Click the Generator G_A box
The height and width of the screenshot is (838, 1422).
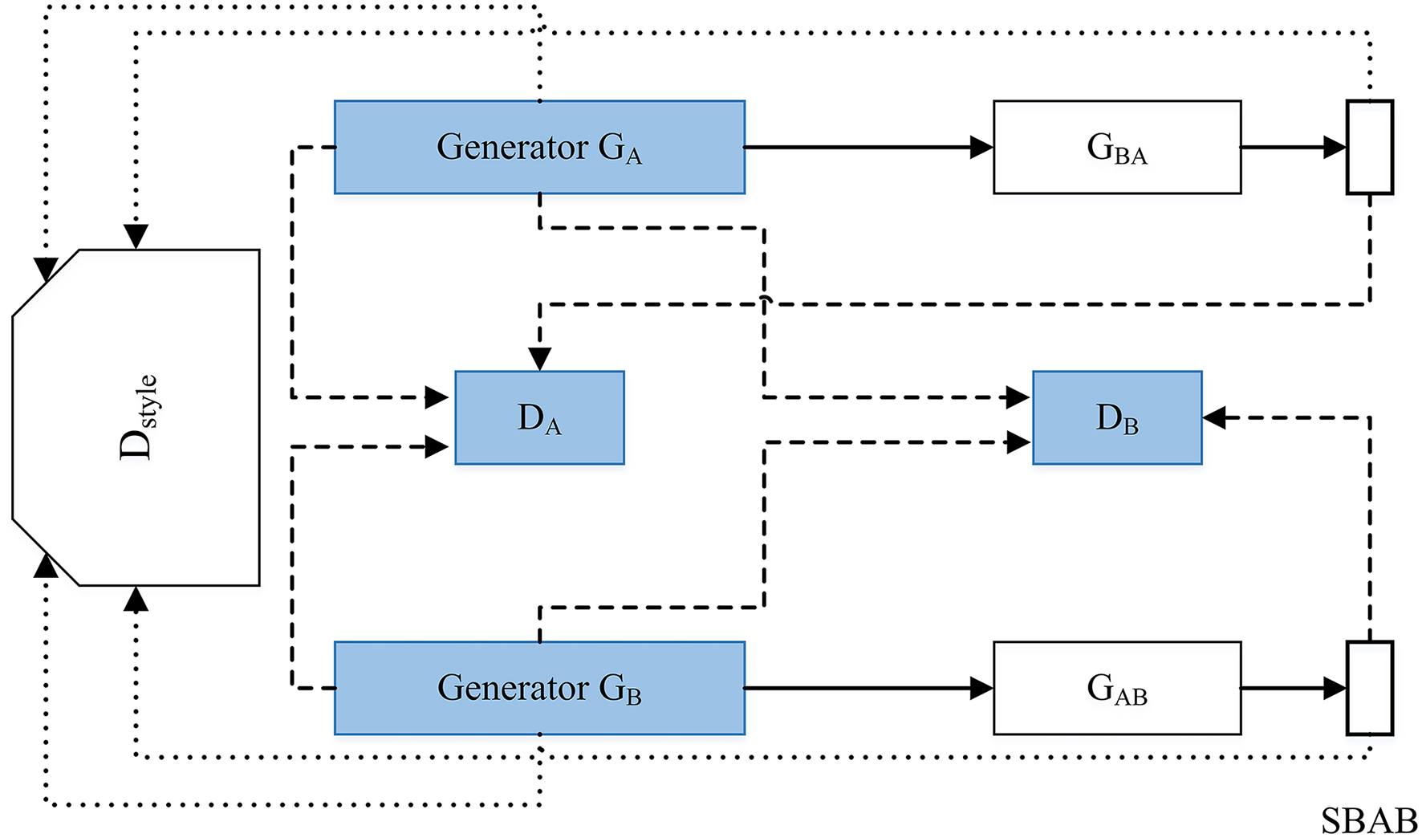[539, 147]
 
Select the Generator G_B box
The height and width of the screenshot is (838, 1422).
[539, 688]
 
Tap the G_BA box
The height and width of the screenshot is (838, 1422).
[1117, 147]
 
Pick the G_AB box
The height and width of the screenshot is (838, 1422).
[1117, 688]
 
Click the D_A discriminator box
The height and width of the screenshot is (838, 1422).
[539, 417]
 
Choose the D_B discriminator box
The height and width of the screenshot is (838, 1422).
[1117, 417]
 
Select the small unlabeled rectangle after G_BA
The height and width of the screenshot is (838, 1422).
[1369, 147]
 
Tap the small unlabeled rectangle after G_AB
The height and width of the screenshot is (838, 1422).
[1369, 688]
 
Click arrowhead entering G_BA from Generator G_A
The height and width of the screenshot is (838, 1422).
[981, 147]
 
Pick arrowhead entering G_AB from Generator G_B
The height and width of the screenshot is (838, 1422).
[981, 688]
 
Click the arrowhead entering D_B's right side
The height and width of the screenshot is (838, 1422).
[1214, 417]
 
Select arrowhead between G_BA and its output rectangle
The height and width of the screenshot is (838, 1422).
[1335, 147]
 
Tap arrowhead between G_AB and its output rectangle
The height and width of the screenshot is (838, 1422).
[1335, 688]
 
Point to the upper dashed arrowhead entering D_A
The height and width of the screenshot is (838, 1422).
[437, 397]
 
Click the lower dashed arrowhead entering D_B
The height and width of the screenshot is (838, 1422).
[1018, 441]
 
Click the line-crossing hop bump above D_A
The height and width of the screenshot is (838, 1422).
[765, 300]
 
